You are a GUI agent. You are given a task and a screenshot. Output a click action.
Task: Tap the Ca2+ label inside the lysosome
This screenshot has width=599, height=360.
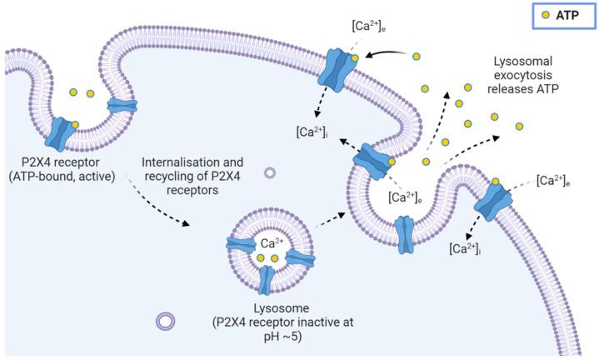click(x=272, y=244)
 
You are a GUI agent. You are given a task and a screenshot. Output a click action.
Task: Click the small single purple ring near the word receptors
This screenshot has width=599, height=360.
click(x=270, y=173)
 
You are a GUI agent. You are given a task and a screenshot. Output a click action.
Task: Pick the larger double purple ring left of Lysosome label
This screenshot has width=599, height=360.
click(x=165, y=320)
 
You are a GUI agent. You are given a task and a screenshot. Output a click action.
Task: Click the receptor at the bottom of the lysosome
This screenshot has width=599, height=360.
click(x=266, y=281)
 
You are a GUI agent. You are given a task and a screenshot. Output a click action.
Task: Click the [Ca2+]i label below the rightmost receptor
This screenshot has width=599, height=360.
click(x=463, y=247)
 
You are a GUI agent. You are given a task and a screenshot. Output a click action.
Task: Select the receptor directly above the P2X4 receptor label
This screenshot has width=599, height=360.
click(x=64, y=133)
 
